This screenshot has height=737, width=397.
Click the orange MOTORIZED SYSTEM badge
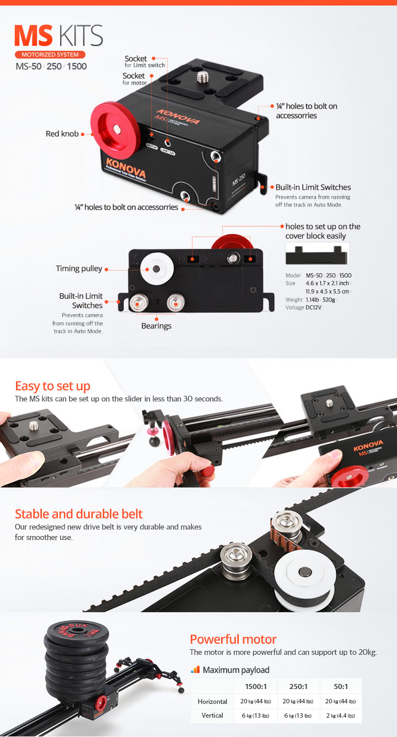tap(50, 55)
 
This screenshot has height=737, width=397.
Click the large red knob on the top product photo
tap(113, 130)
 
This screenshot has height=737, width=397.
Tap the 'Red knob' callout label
tap(62, 134)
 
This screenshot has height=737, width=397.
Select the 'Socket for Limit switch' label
tap(144, 61)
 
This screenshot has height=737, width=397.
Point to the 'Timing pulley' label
tap(79, 268)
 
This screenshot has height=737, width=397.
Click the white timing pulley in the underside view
tap(157, 269)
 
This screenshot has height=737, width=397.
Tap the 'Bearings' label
tap(157, 326)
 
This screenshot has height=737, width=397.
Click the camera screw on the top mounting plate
tap(202, 78)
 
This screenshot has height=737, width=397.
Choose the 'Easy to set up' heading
tap(52, 386)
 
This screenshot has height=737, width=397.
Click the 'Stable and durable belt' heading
tap(78, 514)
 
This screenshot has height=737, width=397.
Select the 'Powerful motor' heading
tap(233, 639)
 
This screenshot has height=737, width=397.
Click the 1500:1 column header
tap(256, 686)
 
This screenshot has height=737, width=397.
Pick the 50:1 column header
tap(341, 686)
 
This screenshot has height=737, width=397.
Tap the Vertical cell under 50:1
tap(341, 715)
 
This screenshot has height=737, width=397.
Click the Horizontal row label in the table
tap(212, 702)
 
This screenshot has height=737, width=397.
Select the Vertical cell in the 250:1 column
tap(298, 715)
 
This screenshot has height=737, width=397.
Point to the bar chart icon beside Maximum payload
tap(195, 670)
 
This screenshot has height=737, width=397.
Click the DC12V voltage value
tap(314, 307)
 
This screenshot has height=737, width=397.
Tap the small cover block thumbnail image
tap(317, 253)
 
